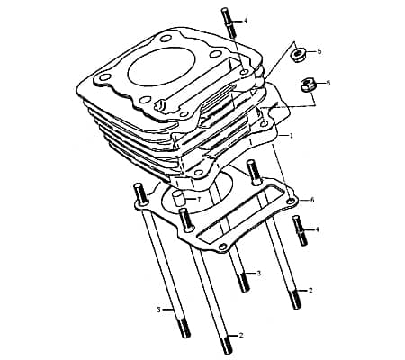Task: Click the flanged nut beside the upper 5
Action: click(298, 55)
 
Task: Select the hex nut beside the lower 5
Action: click(307, 85)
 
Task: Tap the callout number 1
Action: click(291, 136)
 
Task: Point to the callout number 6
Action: click(312, 200)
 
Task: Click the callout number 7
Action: click(198, 200)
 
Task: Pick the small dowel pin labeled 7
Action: click(179, 198)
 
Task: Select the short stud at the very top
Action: click(229, 22)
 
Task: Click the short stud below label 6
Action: click(301, 230)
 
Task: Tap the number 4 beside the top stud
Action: click(246, 22)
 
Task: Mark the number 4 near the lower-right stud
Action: click(317, 229)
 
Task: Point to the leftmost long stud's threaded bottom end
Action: click(184, 328)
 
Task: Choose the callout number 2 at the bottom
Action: click(241, 335)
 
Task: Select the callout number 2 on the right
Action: click(310, 291)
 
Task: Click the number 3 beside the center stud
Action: click(259, 274)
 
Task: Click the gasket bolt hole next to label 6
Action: click(290, 201)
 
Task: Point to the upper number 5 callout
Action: click(319, 51)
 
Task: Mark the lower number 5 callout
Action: click(328, 83)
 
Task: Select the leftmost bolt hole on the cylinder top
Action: click(104, 77)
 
